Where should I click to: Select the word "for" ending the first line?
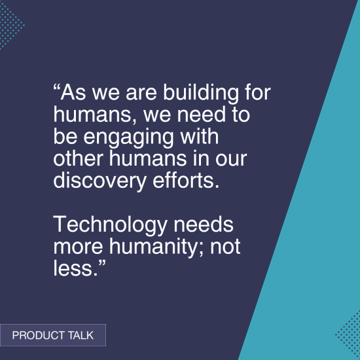[x=258, y=92]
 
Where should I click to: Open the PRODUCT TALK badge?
[x=53, y=336]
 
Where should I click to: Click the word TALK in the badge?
[x=80, y=336]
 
